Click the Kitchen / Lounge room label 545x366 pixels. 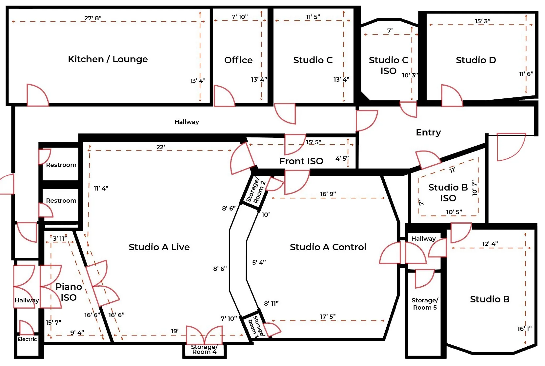click(108, 59)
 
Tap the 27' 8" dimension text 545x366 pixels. click(93, 18)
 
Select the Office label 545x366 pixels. click(238, 60)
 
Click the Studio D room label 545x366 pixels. click(475, 60)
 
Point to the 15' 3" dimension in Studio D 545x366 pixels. click(482, 21)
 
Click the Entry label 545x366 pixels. click(428, 132)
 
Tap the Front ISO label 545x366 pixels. click(301, 161)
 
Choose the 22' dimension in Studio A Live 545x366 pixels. click(160, 147)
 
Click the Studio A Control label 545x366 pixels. click(328, 247)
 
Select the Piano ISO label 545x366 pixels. click(69, 292)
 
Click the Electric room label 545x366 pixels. click(27, 339)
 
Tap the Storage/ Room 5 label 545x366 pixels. click(425, 304)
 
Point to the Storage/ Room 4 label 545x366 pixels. click(204, 349)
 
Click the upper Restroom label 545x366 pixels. click(61, 165)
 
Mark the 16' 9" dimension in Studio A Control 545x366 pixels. click(328, 194)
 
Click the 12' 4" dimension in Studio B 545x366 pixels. click(490, 244)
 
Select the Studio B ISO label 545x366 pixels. click(448, 193)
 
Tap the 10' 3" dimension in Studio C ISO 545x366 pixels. click(410, 75)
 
